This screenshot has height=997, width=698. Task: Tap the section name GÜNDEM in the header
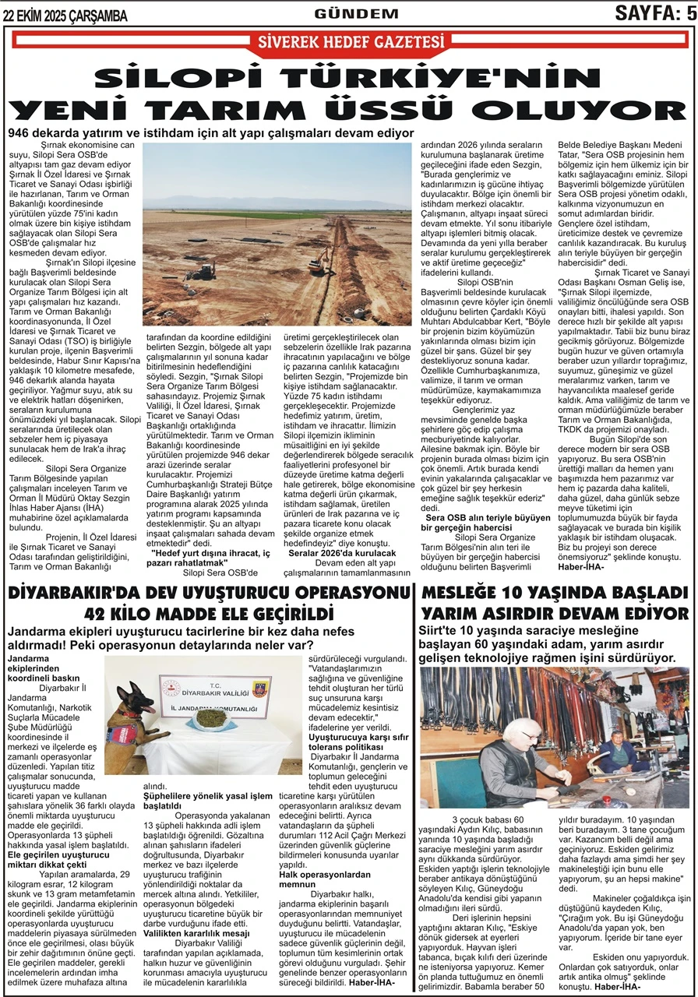(356, 13)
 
